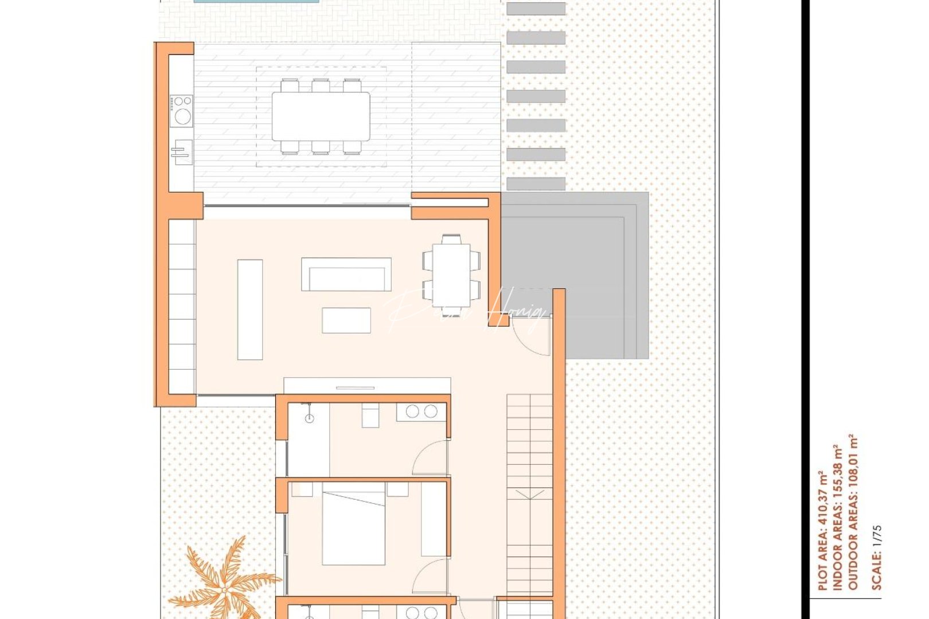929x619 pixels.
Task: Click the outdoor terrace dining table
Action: click(x=321, y=116)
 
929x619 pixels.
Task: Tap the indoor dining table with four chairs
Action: click(x=451, y=275)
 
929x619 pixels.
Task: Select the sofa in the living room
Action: click(x=346, y=275)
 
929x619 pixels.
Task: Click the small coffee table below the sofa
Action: click(x=346, y=320)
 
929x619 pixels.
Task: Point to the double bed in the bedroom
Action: click(x=353, y=523)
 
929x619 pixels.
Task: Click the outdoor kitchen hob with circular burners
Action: click(x=182, y=111)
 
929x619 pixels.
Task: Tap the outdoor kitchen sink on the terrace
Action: click(x=182, y=152)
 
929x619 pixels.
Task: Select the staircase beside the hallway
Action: click(x=529, y=493)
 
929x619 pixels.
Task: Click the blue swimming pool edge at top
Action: click(x=256, y=1)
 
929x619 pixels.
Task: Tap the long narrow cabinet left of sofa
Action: click(x=250, y=309)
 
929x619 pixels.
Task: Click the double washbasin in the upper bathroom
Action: click(x=421, y=412)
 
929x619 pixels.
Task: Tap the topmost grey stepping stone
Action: click(x=536, y=9)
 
